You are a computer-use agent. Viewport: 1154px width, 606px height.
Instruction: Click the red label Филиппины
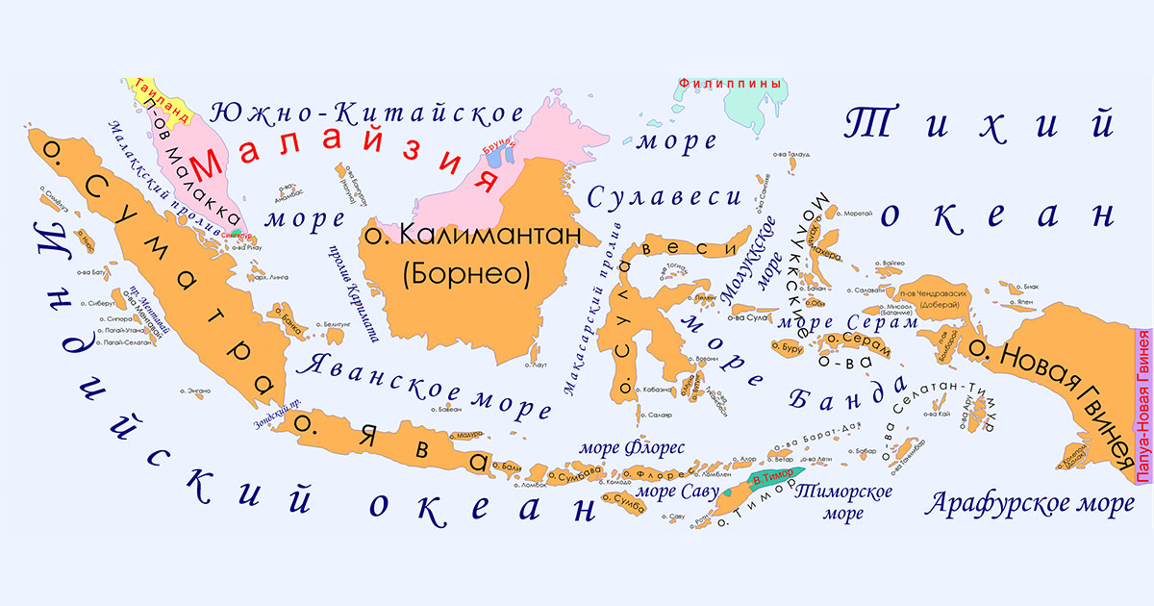pos(728,84)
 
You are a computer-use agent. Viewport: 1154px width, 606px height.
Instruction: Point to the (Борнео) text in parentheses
pos(468,274)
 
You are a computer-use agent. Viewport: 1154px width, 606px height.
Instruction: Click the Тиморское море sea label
pos(843,502)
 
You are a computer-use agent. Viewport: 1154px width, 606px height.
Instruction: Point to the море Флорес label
pos(630,447)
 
